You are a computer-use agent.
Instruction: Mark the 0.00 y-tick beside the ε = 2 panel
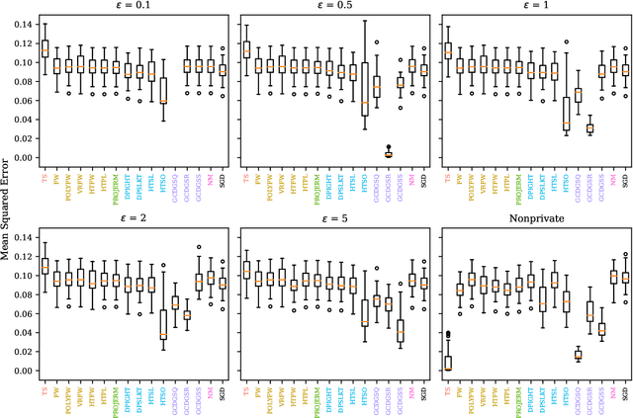[x=21, y=371]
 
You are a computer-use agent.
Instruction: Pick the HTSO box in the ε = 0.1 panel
[x=163, y=90]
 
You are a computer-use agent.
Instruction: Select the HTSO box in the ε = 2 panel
[x=163, y=323]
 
